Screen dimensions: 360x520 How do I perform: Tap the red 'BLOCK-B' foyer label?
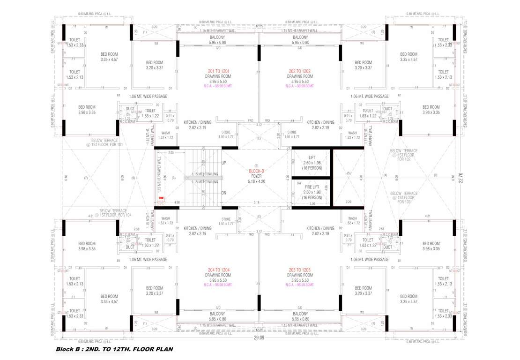click(x=256, y=172)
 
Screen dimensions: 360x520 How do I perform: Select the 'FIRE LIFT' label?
click(x=312, y=187)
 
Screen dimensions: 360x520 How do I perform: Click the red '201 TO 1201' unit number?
click(x=218, y=71)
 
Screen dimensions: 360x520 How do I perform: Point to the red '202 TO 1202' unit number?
click(x=300, y=71)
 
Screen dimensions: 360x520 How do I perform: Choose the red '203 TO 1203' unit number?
click(x=300, y=270)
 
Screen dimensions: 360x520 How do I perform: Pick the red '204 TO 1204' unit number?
click(x=218, y=270)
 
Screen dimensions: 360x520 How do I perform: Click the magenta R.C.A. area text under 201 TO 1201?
click(x=218, y=86)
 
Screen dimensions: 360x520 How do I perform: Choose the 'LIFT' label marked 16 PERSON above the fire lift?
click(x=312, y=157)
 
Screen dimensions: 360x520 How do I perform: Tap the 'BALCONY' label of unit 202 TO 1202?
click(x=300, y=37)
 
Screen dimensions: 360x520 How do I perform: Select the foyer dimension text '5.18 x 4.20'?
click(x=256, y=181)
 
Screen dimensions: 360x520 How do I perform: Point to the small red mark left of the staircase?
click(x=161, y=199)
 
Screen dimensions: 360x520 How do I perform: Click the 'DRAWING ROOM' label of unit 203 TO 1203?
click(x=300, y=275)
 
